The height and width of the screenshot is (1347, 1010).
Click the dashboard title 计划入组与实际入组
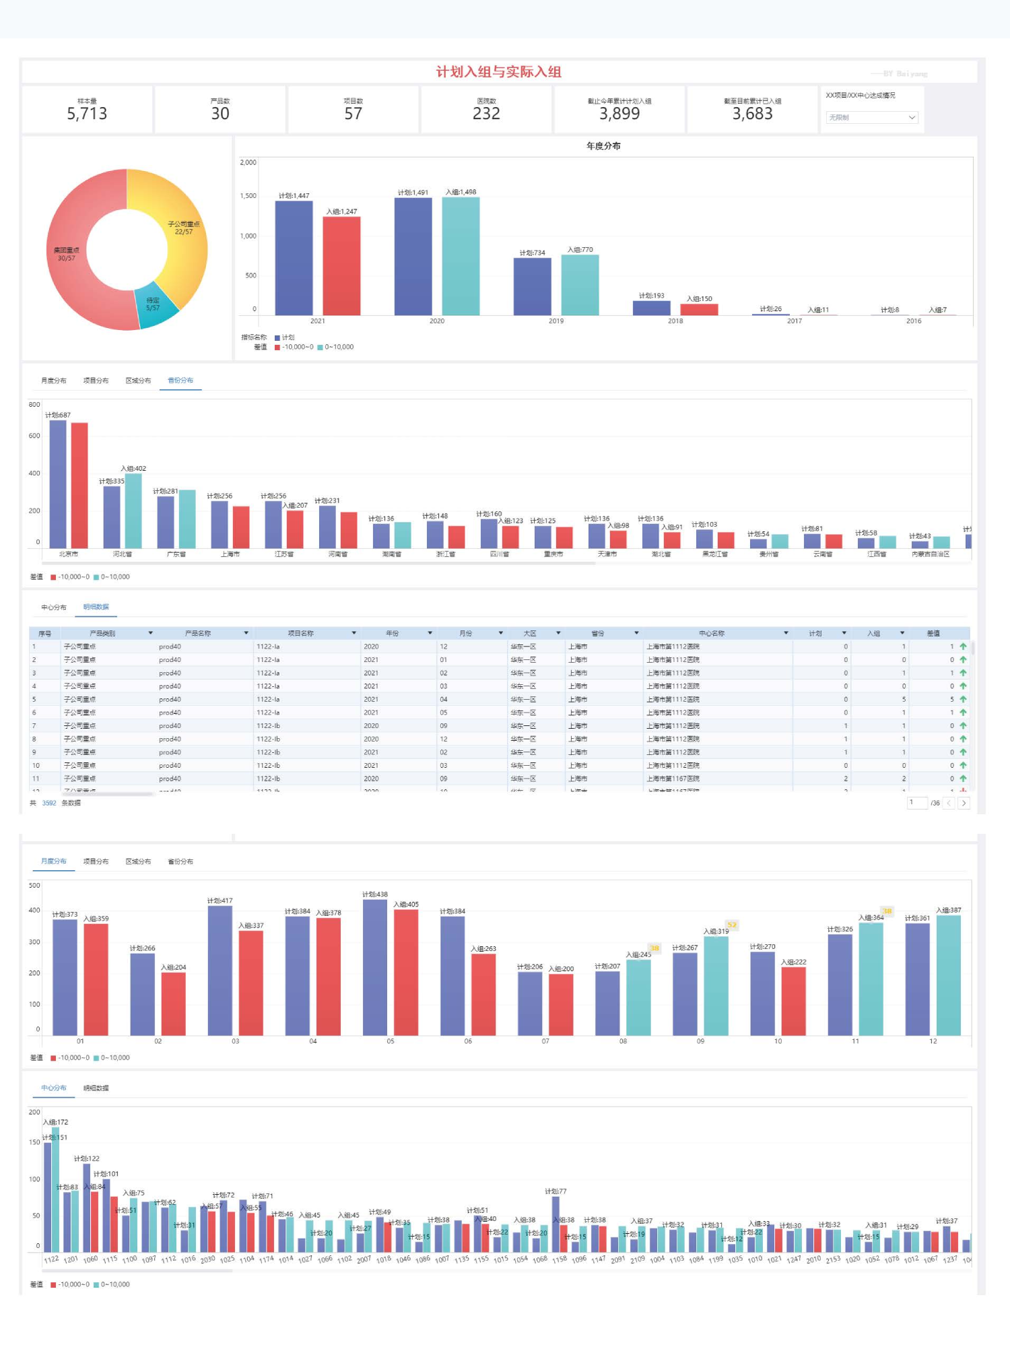(x=498, y=72)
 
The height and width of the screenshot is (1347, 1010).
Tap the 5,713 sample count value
(x=87, y=114)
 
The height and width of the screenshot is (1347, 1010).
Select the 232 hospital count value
(x=486, y=114)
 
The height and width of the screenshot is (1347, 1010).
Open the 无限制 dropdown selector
(x=872, y=117)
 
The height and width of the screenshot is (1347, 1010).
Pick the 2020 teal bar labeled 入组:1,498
(x=461, y=256)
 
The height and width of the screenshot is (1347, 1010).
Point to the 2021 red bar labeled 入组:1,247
(x=341, y=266)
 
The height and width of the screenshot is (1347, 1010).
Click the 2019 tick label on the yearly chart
(x=556, y=321)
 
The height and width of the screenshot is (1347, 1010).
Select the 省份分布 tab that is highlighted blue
(x=180, y=381)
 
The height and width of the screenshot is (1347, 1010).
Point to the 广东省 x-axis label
(x=176, y=554)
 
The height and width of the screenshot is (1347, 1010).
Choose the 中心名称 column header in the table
(x=712, y=633)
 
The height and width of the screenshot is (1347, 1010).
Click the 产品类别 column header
(x=102, y=633)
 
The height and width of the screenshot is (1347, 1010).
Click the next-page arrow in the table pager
(x=964, y=803)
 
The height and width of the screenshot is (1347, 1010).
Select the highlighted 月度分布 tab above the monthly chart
(x=54, y=861)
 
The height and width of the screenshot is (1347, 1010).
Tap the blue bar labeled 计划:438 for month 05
(x=375, y=967)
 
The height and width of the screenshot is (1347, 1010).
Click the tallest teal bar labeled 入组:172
(x=56, y=1189)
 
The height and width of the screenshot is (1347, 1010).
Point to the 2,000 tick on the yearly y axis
(x=248, y=162)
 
